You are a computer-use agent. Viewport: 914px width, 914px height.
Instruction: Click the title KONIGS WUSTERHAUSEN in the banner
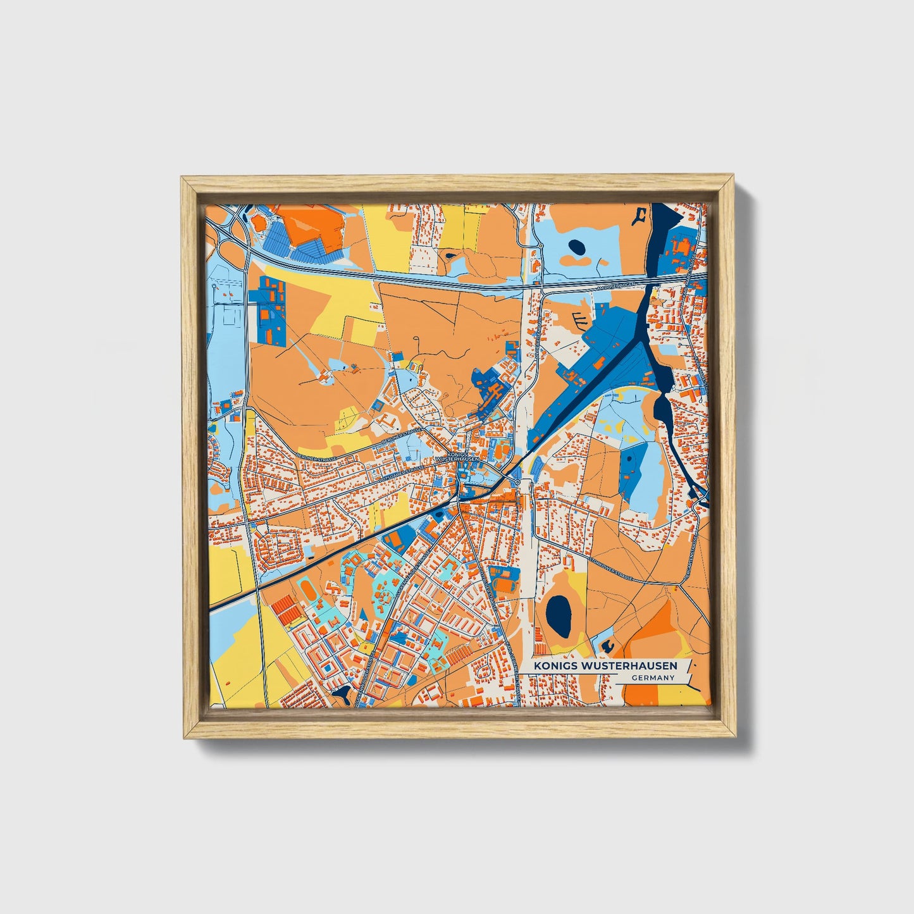605,665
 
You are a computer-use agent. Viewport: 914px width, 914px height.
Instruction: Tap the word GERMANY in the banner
652,677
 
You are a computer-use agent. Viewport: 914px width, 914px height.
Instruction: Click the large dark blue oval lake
558,616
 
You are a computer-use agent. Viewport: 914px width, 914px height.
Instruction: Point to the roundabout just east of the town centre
518,483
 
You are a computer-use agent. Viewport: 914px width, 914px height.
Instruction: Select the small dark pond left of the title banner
608,645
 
